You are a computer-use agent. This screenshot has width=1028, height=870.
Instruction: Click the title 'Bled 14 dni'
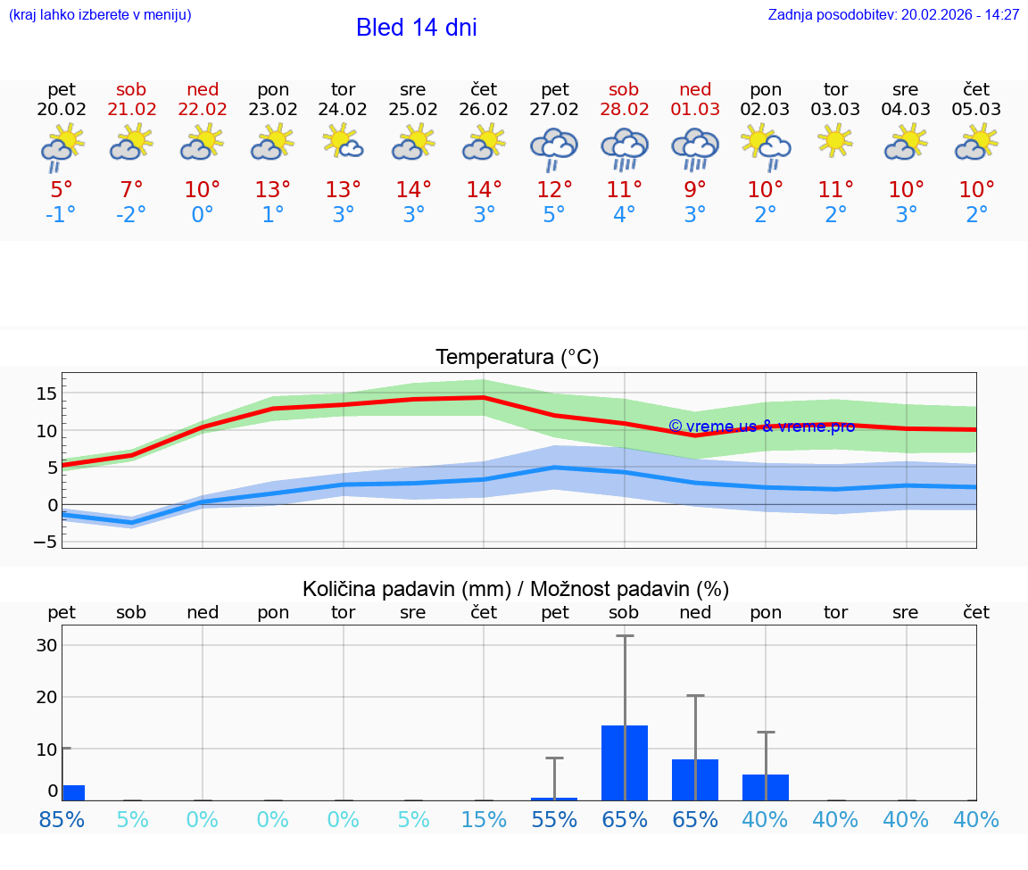pyautogui.click(x=416, y=28)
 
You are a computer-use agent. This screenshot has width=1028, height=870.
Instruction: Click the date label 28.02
pyautogui.click(x=624, y=109)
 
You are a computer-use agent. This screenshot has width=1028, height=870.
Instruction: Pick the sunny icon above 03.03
pyautogui.click(x=835, y=141)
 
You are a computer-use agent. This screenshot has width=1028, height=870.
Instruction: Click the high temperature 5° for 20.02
pyautogui.click(x=62, y=189)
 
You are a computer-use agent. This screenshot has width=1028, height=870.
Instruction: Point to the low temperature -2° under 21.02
pyautogui.click(x=131, y=215)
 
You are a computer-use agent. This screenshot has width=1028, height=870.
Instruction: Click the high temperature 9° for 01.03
pyautogui.click(x=694, y=189)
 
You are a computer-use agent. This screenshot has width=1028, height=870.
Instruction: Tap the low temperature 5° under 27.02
pyautogui.click(x=554, y=215)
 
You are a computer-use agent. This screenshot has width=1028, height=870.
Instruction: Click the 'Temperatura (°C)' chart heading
pyautogui.click(x=517, y=358)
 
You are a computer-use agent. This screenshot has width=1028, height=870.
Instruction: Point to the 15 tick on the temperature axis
pyautogui.click(x=46, y=394)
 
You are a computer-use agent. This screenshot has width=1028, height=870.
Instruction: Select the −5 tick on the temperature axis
pyautogui.click(x=46, y=542)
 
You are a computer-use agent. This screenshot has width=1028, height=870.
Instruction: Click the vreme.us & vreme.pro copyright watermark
pyautogui.click(x=761, y=427)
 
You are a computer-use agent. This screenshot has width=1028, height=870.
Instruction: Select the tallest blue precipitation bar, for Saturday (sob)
pyautogui.click(x=625, y=763)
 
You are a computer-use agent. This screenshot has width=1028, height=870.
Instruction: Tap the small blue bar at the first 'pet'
pyautogui.click(x=73, y=792)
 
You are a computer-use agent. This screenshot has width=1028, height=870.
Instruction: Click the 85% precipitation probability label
pyautogui.click(x=62, y=819)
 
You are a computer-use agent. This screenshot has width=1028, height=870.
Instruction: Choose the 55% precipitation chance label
pyautogui.click(x=554, y=819)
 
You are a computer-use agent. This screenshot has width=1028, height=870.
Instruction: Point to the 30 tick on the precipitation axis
pyautogui.click(x=46, y=645)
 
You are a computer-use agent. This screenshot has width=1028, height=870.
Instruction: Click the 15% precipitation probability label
pyautogui.click(x=484, y=819)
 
